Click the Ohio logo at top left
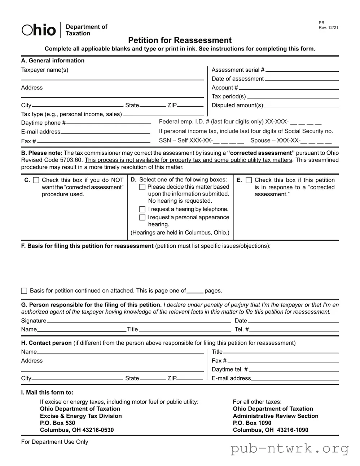click(39, 30)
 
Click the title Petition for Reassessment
click(180, 40)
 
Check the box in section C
click(36, 180)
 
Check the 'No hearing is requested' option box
click(142, 187)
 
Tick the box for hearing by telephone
click(142, 209)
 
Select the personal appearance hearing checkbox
click(142, 217)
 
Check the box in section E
click(249, 180)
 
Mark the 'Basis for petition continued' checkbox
click(24, 291)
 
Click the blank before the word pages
click(195, 291)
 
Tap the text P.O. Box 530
click(58, 423)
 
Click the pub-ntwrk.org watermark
click(290, 448)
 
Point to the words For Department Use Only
click(54, 442)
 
